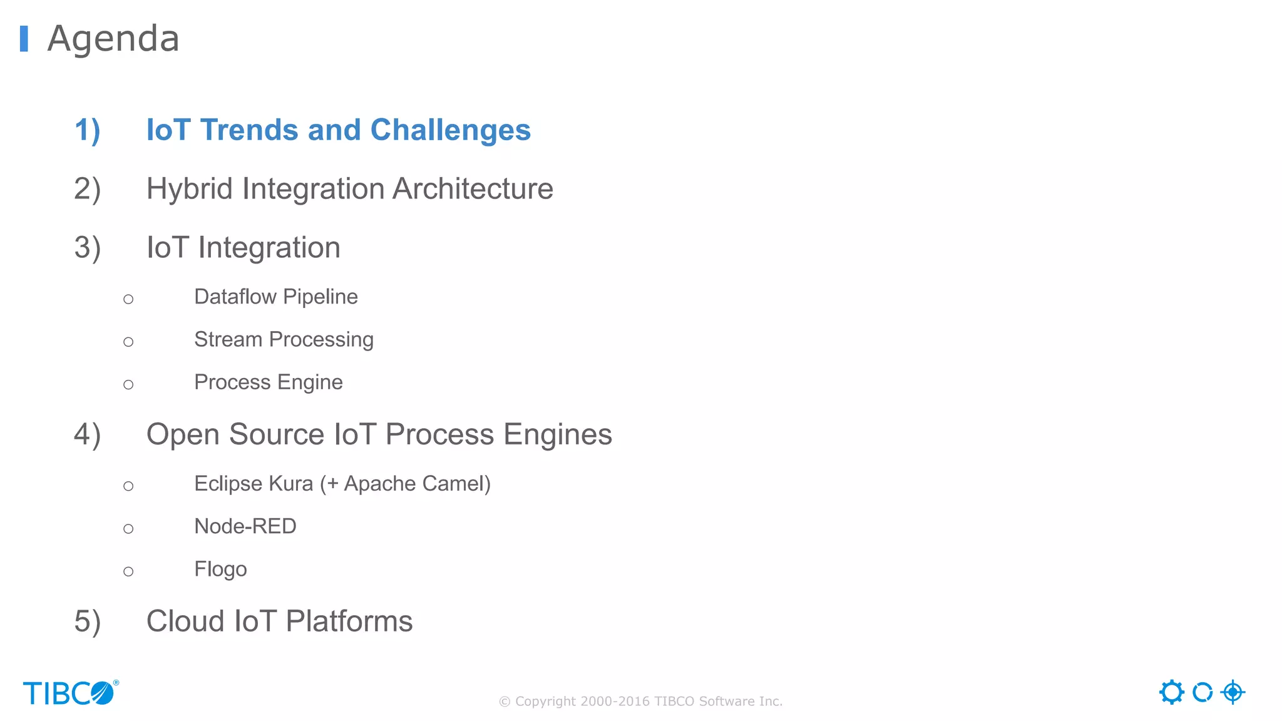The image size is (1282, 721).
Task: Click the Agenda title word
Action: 113,39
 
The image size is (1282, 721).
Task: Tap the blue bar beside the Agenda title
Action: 24,39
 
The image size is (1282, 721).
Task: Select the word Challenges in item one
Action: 450,130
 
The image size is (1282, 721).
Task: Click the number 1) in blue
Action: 87,130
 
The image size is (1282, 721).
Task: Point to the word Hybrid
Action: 190,189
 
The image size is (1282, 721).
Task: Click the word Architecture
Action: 473,189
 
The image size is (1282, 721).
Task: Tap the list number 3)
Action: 87,248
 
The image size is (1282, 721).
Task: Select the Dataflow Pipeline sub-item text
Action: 275,297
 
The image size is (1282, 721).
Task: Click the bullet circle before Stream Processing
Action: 128,342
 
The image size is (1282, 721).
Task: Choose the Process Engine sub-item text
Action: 268,382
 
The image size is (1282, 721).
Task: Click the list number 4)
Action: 87,435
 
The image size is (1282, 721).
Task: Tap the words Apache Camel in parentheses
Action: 414,484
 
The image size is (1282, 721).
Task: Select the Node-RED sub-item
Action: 245,526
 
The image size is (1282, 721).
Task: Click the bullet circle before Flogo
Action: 128,571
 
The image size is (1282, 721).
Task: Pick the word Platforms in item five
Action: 349,621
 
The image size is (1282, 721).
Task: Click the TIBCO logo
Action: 70,693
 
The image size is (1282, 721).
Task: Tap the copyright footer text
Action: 640,702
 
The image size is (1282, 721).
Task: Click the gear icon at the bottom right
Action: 1171,692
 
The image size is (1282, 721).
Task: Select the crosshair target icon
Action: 1233,692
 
